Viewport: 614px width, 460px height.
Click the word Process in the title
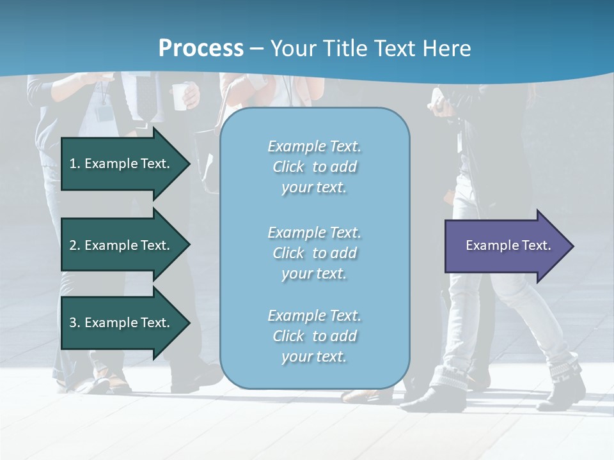tap(201, 48)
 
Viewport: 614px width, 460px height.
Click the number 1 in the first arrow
tap(73, 164)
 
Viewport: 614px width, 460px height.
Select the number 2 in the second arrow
tap(73, 245)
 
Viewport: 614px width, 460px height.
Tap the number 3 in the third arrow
tap(73, 323)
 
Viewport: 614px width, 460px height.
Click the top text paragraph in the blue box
tap(314, 167)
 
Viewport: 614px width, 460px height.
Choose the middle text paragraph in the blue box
tap(314, 253)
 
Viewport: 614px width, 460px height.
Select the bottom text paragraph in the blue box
tap(314, 336)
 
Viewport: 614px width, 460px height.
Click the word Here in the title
tap(448, 48)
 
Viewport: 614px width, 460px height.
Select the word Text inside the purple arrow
tap(536, 245)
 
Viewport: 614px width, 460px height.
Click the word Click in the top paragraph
tap(288, 167)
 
